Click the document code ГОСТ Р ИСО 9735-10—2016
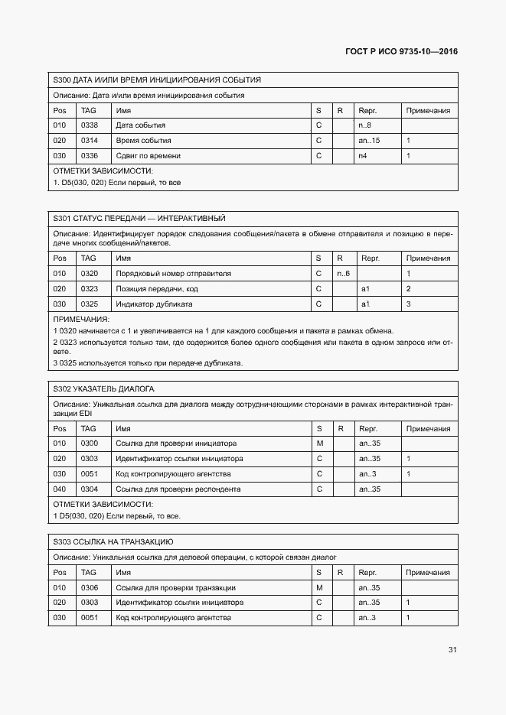(402, 53)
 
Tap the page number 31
(452, 650)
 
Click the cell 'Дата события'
(140, 125)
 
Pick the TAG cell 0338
(90, 125)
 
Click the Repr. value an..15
(369, 141)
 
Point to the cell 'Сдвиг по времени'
(148, 156)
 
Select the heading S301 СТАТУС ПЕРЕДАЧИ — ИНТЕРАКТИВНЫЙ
(139, 219)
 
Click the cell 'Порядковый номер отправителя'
(173, 273)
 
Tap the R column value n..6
(343, 273)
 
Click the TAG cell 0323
(90, 288)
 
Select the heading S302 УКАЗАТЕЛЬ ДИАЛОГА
(103, 388)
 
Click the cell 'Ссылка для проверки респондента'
(178, 489)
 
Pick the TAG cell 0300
(90, 443)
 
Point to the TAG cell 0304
(90, 489)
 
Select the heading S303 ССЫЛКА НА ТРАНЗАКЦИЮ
(113, 542)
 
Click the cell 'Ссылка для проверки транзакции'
(175, 587)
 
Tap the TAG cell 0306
(90, 587)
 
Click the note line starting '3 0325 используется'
(148, 362)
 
